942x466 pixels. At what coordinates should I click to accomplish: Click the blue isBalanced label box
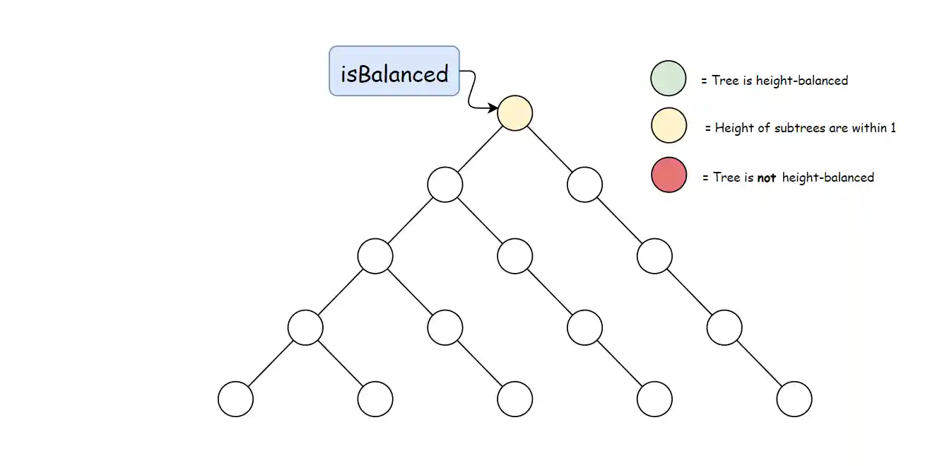[394, 71]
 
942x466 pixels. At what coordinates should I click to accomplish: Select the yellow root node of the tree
[514, 113]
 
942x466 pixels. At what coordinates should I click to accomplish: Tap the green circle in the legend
[668, 78]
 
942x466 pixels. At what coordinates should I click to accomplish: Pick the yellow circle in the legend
[668, 127]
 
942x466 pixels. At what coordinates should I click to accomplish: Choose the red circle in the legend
[668, 175]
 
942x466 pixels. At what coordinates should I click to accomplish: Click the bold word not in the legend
[766, 178]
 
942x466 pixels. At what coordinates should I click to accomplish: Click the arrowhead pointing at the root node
[493, 107]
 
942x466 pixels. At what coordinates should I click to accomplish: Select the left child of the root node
[445, 185]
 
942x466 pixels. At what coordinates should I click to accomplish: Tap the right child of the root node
[584, 185]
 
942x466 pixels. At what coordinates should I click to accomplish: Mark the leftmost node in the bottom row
[235, 400]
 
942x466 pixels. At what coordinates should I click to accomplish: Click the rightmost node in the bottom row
[794, 400]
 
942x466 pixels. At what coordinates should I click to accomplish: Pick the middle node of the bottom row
[514, 400]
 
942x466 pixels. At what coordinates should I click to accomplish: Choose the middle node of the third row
[514, 257]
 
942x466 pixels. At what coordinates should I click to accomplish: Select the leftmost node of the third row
[375, 257]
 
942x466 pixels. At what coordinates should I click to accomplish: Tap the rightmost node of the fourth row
[724, 327]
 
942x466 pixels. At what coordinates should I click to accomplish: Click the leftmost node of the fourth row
[305, 327]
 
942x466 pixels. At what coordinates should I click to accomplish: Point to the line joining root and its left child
[480, 149]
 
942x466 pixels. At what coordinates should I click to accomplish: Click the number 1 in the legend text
[893, 129]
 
